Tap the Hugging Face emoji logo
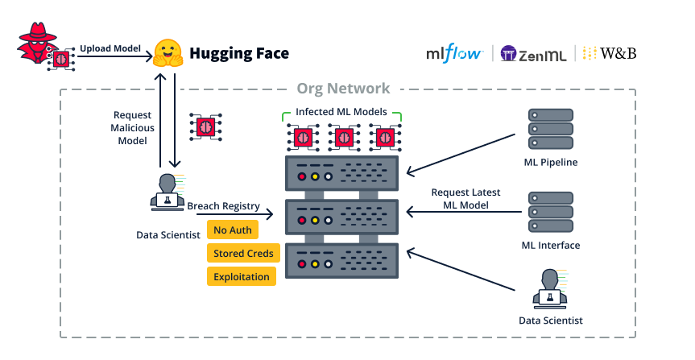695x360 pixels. pyautogui.click(x=168, y=53)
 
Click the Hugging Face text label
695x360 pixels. pyautogui.click(x=238, y=54)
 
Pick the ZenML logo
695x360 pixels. pyautogui.click(x=532, y=54)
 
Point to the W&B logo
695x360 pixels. pyautogui.click(x=610, y=54)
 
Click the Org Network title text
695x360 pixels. pyautogui.click(x=343, y=89)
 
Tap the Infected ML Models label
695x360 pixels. pyautogui.click(x=341, y=111)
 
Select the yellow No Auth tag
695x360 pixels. pyautogui.click(x=232, y=230)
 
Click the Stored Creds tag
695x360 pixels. pyautogui.click(x=243, y=254)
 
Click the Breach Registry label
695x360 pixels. pyautogui.click(x=223, y=206)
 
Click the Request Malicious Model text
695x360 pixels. pyautogui.click(x=133, y=128)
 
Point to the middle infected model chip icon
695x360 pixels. pyautogui.click(x=344, y=137)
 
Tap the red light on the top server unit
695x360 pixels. pyautogui.click(x=302, y=176)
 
